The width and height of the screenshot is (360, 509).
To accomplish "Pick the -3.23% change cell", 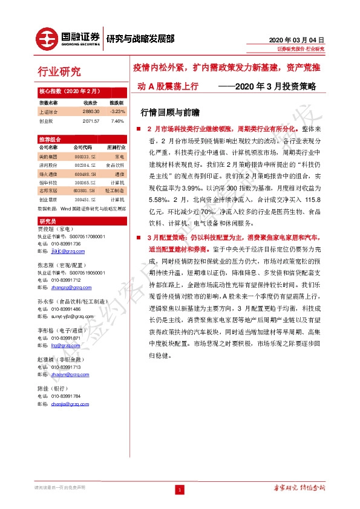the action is pyautogui.click(x=117, y=112).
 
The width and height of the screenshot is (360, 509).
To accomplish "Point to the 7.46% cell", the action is pyautogui.click(x=117, y=120).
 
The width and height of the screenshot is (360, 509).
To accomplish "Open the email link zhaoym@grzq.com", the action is pyautogui.click(x=67, y=374).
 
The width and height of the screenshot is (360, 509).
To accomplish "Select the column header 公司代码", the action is pyautogui.click(x=83, y=147).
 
